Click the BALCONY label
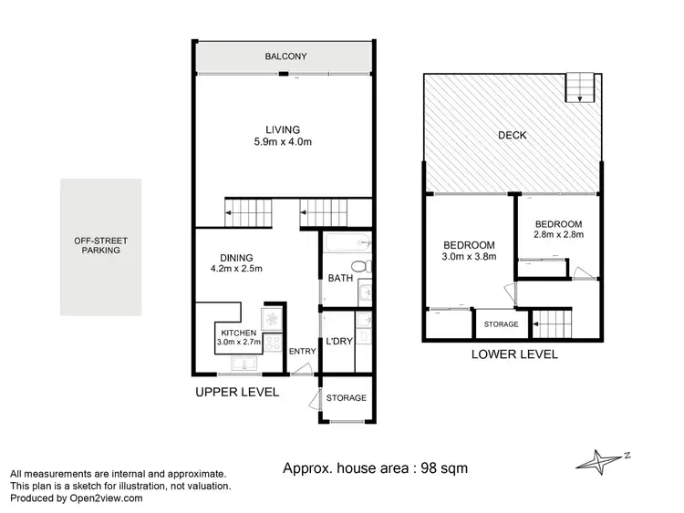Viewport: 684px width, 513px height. tap(285, 56)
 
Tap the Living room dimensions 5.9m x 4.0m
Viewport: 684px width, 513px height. tap(283, 143)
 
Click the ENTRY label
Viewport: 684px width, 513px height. tap(301, 352)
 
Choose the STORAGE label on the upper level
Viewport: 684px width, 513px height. tap(347, 398)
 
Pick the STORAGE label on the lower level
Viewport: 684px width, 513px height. tap(501, 324)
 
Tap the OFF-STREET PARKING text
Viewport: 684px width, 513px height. tap(101, 245)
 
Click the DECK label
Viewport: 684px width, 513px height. tap(512, 136)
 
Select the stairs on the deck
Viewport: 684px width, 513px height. tap(579, 87)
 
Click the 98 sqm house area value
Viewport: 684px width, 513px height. tap(444, 468)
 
